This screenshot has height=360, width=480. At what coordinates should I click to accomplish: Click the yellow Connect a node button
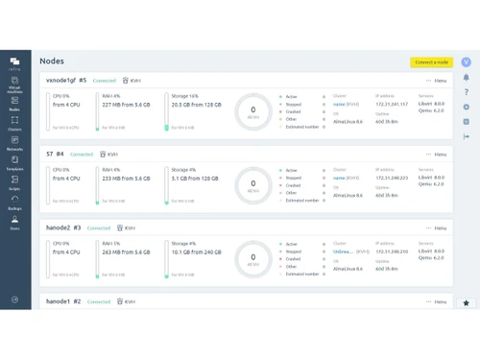pyautogui.click(x=429, y=62)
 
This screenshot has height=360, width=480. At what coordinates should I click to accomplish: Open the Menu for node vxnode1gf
pyautogui.click(x=438, y=81)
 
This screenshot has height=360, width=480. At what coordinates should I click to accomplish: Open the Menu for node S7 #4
pyautogui.click(x=438, y=155)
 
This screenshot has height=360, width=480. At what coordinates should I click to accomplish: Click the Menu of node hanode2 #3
pyautogui.click(x=438, y=228)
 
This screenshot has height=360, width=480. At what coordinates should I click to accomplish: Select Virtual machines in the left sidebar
pyautogui.click(x=14, y=86)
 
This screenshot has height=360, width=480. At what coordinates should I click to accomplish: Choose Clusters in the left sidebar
pyautogui.click(x=14, y=124)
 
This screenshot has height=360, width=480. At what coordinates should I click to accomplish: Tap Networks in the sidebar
pyautogui.click(x=14, y=144)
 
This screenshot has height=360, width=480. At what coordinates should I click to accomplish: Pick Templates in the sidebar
pyautogui.click(x=14, y=163)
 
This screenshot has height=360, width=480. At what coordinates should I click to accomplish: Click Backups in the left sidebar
pyautogui.click(x=14, y=203)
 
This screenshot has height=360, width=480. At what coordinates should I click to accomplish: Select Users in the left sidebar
pyautogui.click(x=14, y=223)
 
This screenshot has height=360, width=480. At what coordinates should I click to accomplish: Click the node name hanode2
pyautogui.click(x=59, y=228)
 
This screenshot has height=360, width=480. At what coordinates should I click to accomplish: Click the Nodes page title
pyautogui.click(x=52, y=61)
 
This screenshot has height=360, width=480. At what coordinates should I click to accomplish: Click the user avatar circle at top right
pyautogui.click(x=466, y=62)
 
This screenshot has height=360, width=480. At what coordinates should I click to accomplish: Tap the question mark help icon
pyautogui.click(x=467, y=92)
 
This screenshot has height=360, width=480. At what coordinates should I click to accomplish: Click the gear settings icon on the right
pyautogui.click(x=467, y=108)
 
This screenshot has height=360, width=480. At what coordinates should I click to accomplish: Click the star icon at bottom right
pyautogui.click(x=467, y=303)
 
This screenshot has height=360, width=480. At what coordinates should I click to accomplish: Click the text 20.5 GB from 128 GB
pyautogui.click(x=196, y=105)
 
